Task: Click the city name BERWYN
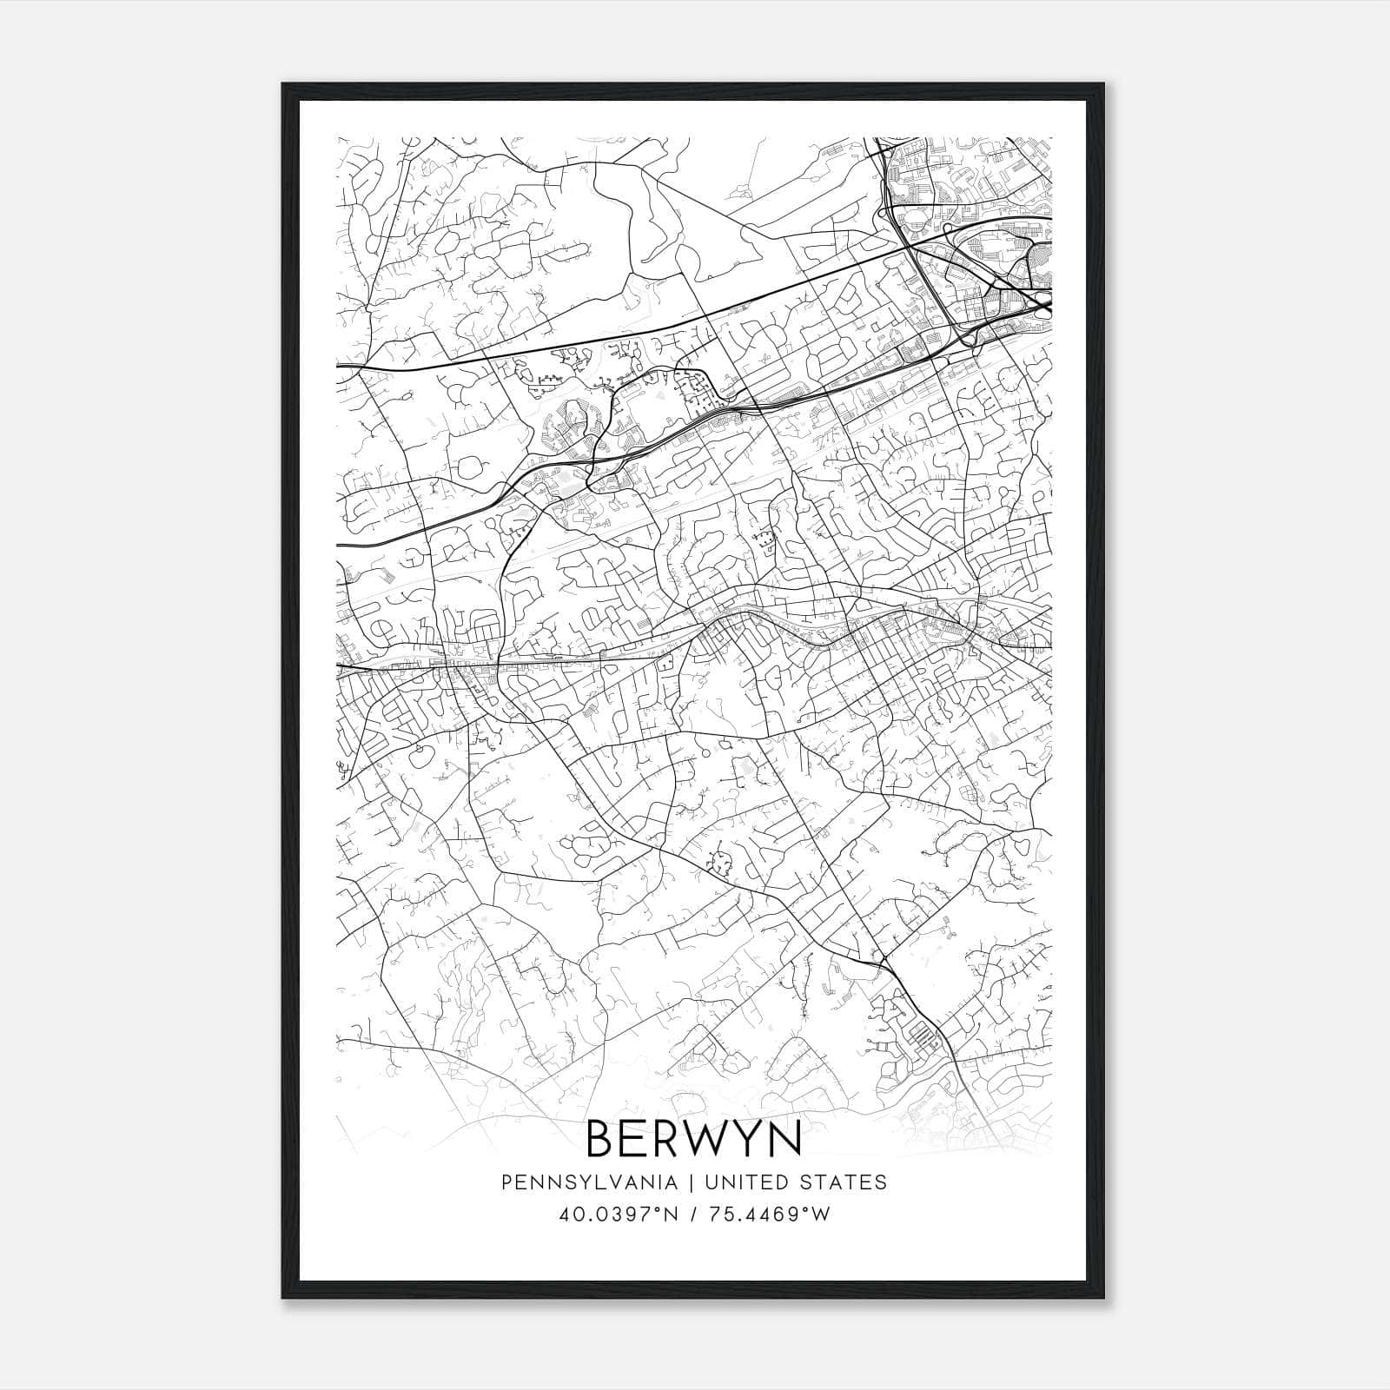[x=694, y=1138]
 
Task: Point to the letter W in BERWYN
[x=701, y=1138]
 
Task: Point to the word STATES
[x=843, y=1182]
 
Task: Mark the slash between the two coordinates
[x=692, y=1215]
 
